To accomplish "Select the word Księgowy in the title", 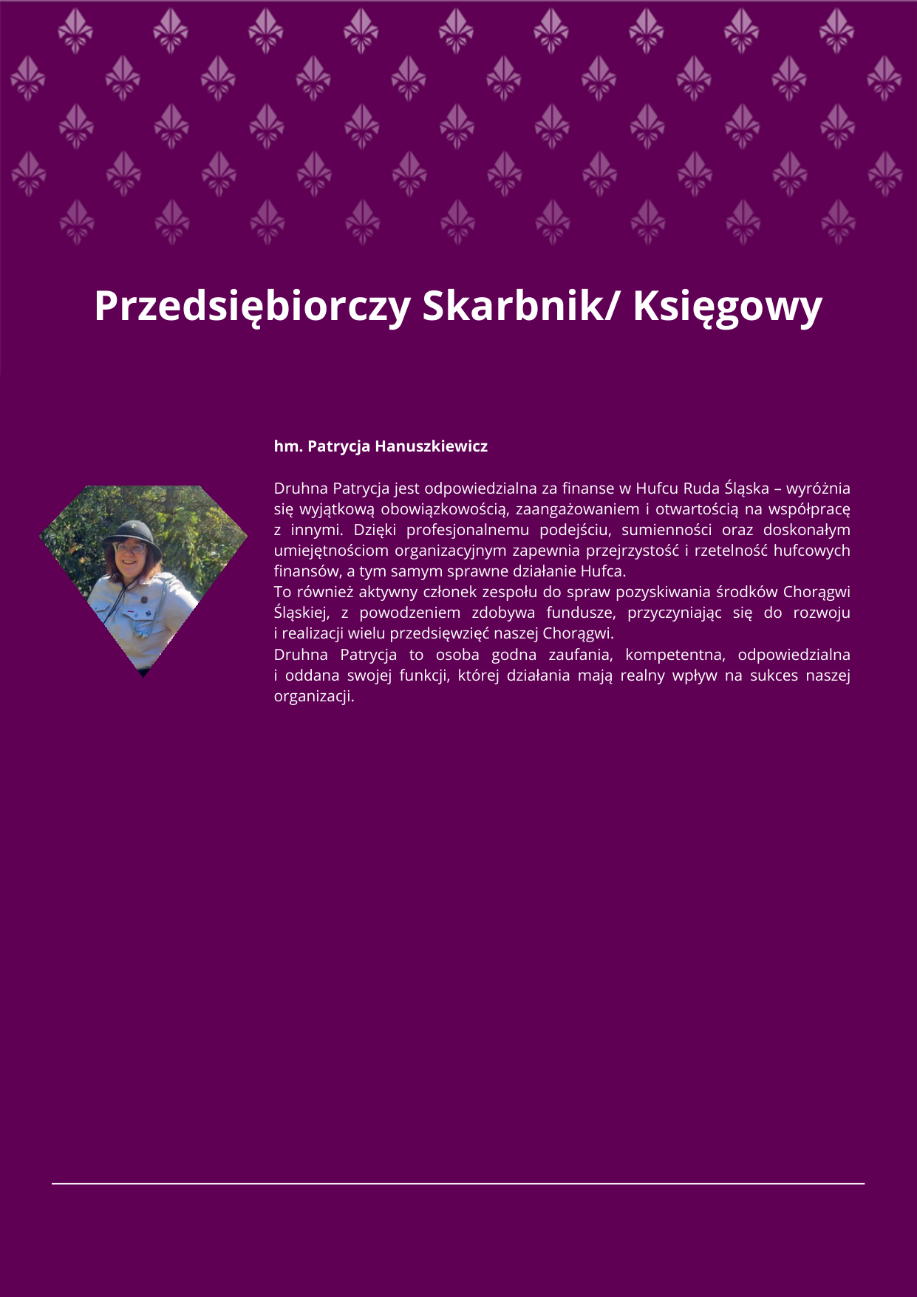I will click(x=727, y=306).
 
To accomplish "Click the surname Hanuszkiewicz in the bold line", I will click(x=432, y=446).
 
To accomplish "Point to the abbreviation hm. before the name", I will click(x=288, y=446).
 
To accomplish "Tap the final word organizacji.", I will click(x=313, y=696).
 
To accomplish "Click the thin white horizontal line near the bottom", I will click(x=458, y=1183).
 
